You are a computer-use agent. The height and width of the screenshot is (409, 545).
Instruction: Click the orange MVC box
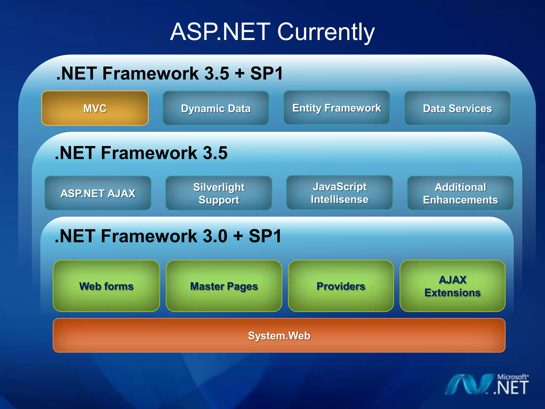[95, 108]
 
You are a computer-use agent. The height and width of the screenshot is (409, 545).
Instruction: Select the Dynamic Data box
[216, 108]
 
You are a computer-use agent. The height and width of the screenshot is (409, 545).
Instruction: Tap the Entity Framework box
[337, 108]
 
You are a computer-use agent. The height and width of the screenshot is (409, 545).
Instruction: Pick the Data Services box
[457, 108]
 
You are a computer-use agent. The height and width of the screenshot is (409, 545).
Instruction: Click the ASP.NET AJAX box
[98, 193]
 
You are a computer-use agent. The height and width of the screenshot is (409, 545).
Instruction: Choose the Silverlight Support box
[219, 193]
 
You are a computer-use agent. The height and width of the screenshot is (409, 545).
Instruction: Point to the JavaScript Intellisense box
[340, 193]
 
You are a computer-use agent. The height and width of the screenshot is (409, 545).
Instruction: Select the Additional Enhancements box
[460, 193]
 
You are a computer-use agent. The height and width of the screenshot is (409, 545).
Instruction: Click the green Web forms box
[106, 286]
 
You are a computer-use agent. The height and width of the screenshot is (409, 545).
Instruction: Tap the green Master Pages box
[224, 286]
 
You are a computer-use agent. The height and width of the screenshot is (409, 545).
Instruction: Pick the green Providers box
[341, 286]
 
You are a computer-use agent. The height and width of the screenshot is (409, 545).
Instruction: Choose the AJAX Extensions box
[452, 286]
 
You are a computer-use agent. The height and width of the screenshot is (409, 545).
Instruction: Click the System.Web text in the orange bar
[279, 336]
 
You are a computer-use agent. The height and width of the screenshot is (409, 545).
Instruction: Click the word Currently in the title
[326, 32]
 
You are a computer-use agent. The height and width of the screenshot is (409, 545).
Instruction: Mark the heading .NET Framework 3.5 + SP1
[170, 73]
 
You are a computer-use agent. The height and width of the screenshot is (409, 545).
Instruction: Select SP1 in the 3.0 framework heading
[265, 236]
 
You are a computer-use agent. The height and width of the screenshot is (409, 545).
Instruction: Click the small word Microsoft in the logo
[512, 377]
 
